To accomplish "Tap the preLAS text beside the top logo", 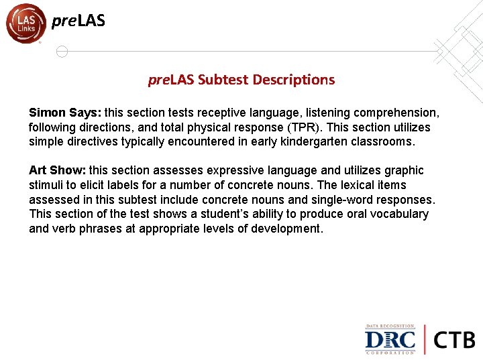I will [78, 21].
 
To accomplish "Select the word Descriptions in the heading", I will [294, 80].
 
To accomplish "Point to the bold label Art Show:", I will [57, 170].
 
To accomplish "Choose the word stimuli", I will [46, 185].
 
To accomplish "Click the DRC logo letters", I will [390, 339].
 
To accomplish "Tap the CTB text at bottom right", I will [454, 339].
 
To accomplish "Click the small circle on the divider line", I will [62, 52].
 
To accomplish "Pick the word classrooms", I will [383, 142].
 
